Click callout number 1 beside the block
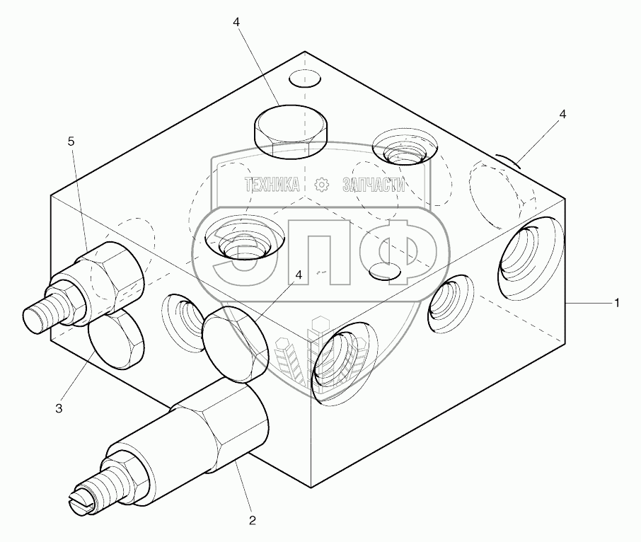coord(617,303)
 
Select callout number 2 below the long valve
coord(252,521)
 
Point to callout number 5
coord(71,142)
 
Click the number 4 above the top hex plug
coord(236,23)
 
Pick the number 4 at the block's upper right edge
coord(562,113)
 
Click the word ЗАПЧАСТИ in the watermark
coord(374,185)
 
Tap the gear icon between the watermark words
coord(323,185)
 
